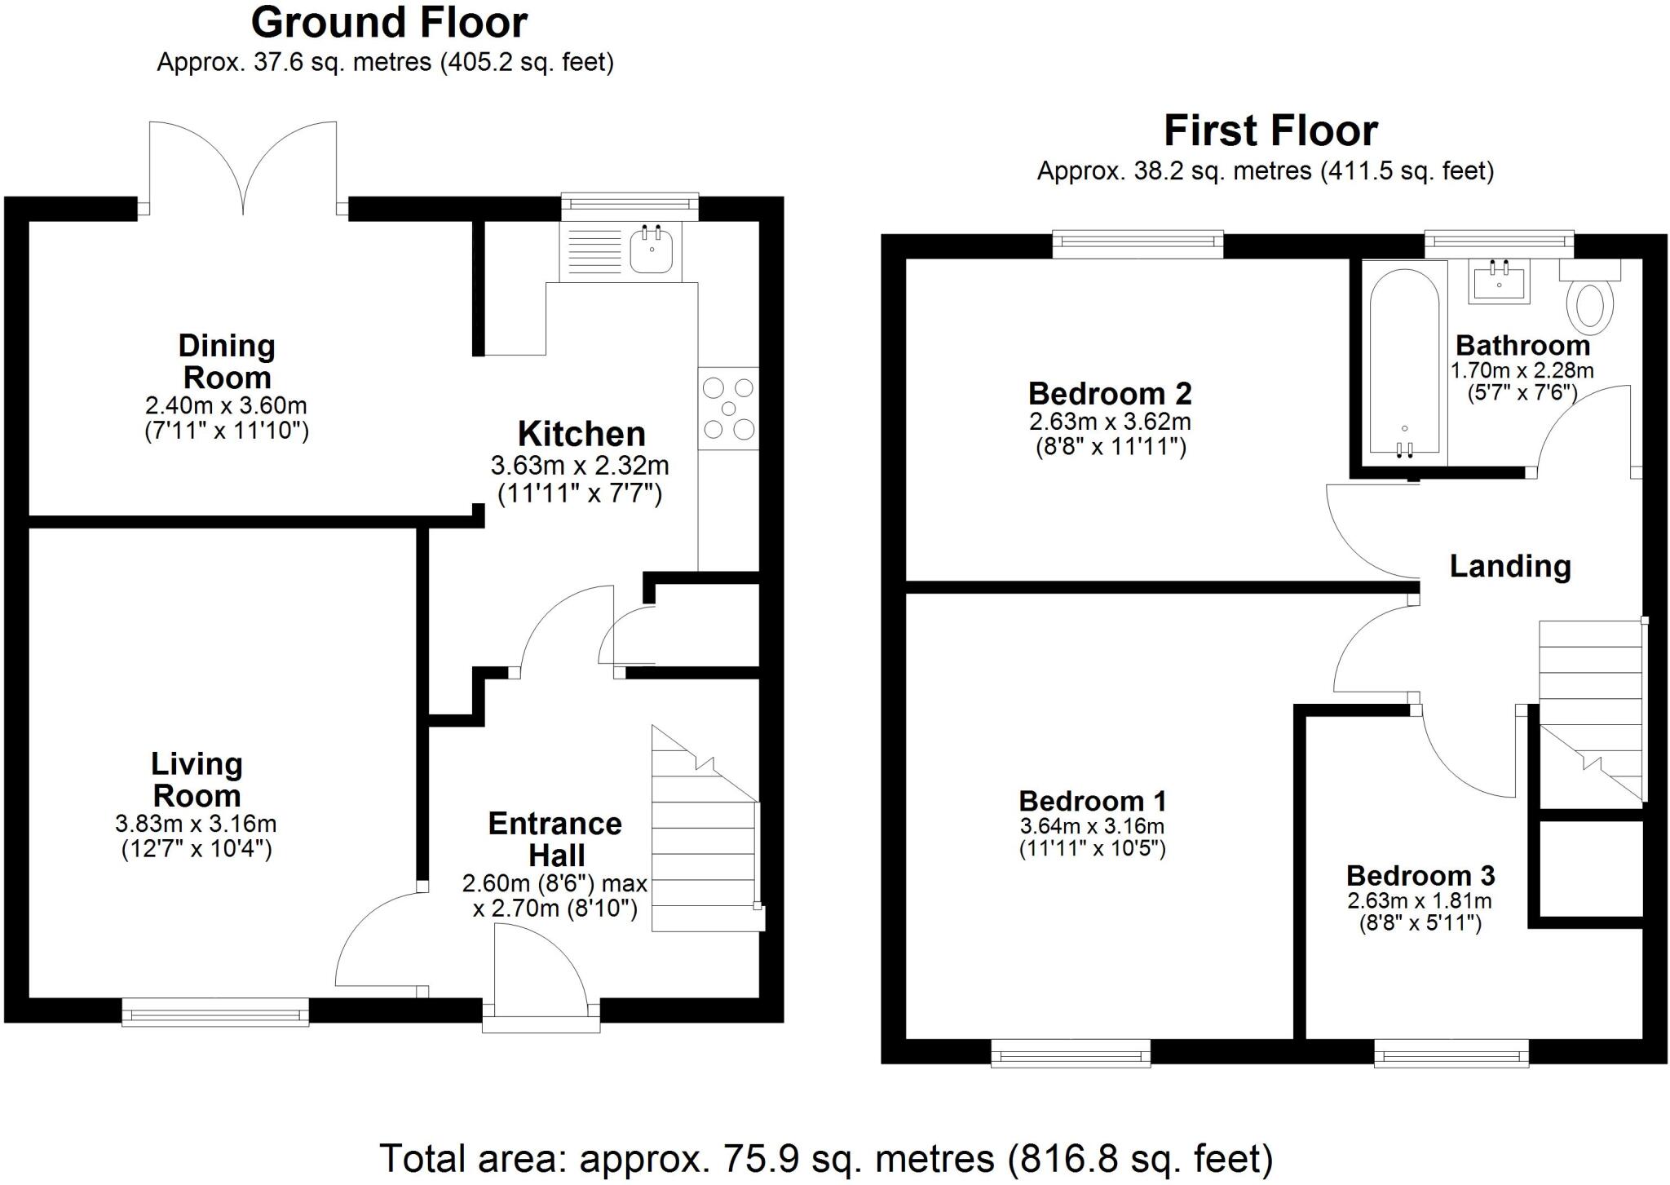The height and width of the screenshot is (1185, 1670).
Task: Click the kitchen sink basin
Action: pyautogui.click(x=651, y=250)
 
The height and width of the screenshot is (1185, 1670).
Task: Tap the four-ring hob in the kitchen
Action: pyautogui.click(x=728, y=408)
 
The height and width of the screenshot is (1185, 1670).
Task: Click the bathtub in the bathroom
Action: pyautogui.click(x=1403, y=363)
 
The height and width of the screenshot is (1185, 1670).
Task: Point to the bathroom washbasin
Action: pyautogui.click(x=1499, y=282)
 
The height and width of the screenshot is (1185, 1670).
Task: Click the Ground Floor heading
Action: pyautogui.click(x=389, y=23)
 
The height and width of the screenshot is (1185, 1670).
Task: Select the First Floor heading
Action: pyautogui.click(x=1270, y=130)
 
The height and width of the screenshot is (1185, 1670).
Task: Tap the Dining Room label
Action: pyautogui.click(x=227, y=361)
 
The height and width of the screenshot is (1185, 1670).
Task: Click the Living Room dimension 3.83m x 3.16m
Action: pyautogui.click(x=196, y=824)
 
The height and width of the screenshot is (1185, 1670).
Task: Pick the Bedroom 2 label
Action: pyautogui.click(x=1109, y=394)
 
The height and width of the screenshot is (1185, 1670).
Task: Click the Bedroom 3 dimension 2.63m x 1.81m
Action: pyautogui.click(x=1420, y=900)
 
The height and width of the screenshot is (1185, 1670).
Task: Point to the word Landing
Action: pyautogui.click(x=1509, y=566)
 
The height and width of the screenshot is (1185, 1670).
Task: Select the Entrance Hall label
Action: pyautogui.click(x=555, y=838)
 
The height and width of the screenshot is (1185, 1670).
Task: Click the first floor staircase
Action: pyautogui.click(x=1589, y=710)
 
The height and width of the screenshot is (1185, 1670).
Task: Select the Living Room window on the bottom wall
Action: pyautogui.click(x=215, y=1012)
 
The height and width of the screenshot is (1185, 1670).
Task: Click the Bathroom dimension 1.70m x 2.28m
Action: pyautogui.click(x=1522, y=371)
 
